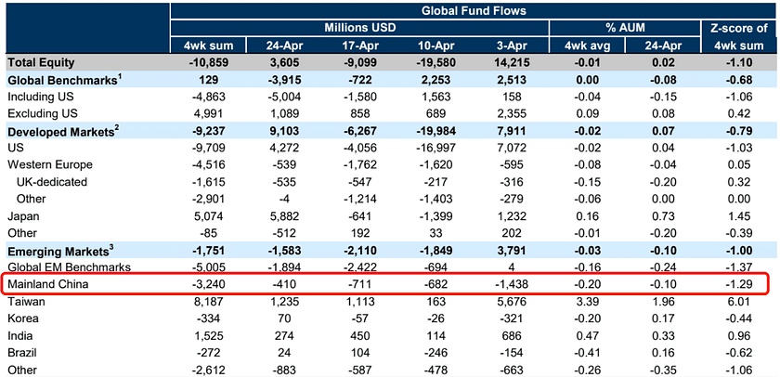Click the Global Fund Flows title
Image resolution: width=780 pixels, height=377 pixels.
coord(474,10)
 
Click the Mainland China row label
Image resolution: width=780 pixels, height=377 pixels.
coord(47,283)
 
